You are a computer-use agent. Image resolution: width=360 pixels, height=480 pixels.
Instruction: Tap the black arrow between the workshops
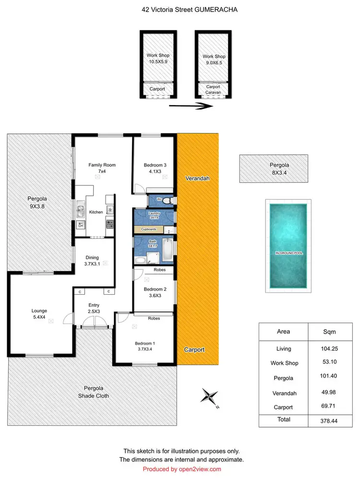(191, 107)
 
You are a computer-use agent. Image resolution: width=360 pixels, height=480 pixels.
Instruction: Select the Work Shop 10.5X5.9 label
(158, 59)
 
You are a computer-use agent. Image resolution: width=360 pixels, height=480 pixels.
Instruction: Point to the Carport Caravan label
(213, 90)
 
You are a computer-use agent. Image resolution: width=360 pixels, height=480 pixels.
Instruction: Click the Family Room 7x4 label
(102, 168)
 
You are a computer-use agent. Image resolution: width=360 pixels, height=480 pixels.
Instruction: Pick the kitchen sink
(81, 210)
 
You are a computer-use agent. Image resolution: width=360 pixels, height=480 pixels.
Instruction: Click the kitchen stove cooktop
(109, 224)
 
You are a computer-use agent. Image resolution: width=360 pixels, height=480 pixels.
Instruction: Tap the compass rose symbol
(209, 396)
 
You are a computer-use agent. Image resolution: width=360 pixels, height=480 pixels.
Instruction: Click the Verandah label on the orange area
(198, 178)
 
